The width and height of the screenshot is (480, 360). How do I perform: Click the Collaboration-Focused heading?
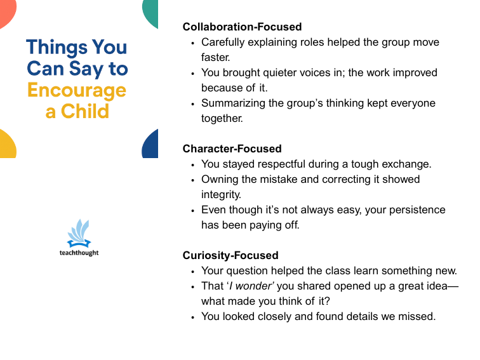coord(242,27)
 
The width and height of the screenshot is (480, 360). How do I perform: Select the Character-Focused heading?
coord(232,149)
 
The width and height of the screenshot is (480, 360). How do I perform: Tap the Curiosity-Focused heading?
coord(230,255)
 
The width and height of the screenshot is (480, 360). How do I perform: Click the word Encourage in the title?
coord(76,90)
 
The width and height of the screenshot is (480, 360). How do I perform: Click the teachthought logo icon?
coord(79,233)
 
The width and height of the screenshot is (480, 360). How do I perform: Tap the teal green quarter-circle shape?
coord(151,11)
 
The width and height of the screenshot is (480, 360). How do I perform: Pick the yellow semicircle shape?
coord(6,145)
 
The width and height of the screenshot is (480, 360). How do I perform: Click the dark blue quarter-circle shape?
coord(151,145)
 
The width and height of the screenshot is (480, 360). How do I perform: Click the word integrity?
coord(220,194)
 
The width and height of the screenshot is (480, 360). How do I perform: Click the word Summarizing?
coord(232,103)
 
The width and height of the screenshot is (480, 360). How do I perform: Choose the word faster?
coord(215,57)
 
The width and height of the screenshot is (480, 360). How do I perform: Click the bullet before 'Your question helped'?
coord(193,271)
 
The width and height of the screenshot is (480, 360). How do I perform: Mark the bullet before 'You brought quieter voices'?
coord(193,73)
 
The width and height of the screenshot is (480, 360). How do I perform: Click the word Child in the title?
coord(85,111)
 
